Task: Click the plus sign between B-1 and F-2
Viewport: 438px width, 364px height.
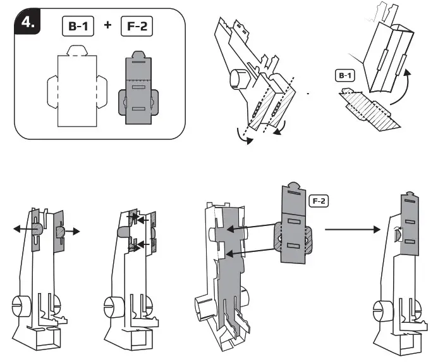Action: click(x=108, y=26)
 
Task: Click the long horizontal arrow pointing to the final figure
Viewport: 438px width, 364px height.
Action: click(x=351, y=230)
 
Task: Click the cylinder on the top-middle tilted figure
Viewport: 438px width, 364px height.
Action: click(x=239, y=79)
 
